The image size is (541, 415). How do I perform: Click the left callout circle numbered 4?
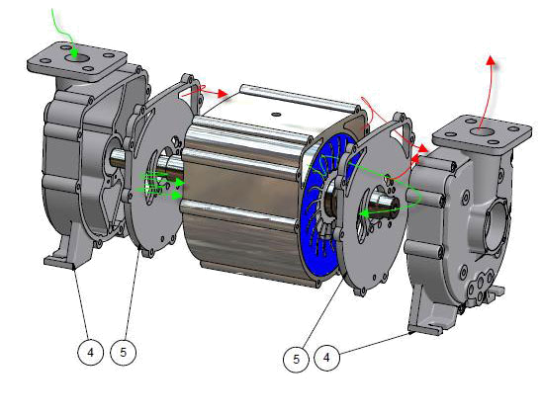(90, 352)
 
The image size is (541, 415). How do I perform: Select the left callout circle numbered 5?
(124, 352)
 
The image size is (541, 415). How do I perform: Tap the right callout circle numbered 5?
(296, 359)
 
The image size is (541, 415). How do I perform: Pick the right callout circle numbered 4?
(326, 358)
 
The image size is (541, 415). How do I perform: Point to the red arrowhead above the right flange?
(490, 60)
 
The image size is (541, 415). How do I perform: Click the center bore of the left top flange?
(76, 57)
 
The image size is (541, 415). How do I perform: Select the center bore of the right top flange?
(482, 131)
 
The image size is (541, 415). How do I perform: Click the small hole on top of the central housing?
(275, 114)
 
